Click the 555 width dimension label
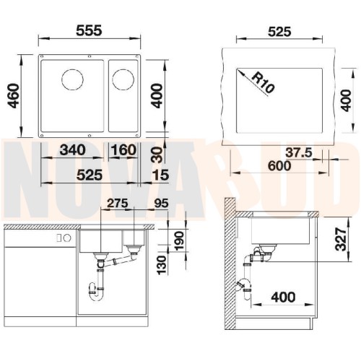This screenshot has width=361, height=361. click(89, 30)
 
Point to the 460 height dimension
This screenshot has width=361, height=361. click(13, 95)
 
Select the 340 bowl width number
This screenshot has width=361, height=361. click(72, 149)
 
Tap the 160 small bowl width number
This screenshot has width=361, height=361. click(123, 149)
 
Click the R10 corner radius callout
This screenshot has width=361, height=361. click(263, 82)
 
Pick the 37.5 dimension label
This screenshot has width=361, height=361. click(299, 152)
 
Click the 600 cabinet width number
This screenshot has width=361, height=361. click(279, 166)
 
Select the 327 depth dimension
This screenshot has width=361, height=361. click(341, 239)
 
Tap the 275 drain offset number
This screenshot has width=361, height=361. click(117, 204)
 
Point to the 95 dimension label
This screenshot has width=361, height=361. click(161, 204)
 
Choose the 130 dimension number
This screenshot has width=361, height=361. click(162, 265)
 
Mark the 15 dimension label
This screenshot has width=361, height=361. click(161, 175)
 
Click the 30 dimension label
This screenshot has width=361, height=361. click(157, 155)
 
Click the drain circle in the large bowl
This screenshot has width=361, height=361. click(72, 79)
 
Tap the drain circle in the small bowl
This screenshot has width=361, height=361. click(123, 79)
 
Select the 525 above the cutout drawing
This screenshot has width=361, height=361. click(279, 32)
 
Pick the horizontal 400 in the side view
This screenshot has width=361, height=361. click(283, 297)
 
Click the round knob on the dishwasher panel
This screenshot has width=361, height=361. click(67, 238)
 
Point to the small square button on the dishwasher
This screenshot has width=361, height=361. click(59, 238)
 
